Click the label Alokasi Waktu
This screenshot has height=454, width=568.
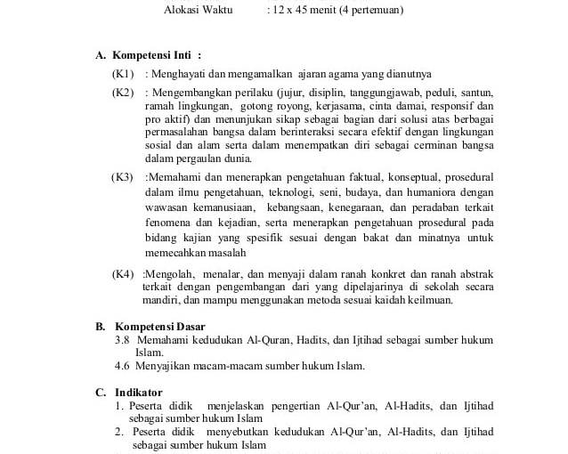pyautogui.click(x=198, y=11)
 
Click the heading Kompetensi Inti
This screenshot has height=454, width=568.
pyautogui.click(x=157, y=55)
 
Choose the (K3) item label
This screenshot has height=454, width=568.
pyautogui.click(x=122, y=177)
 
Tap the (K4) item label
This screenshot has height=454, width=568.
pyautogui.click(x=123, y=273)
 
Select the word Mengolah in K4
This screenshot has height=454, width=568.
pyautogui.click(x=167, y=273)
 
